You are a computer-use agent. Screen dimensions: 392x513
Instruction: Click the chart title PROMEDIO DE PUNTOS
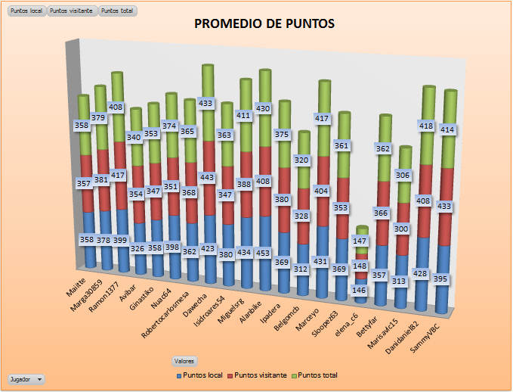264,23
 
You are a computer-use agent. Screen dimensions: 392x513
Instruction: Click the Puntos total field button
117,11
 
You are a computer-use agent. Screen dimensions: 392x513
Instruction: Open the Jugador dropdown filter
26,378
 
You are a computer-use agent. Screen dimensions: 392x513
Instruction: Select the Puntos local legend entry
201,375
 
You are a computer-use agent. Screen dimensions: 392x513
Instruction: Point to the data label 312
301,269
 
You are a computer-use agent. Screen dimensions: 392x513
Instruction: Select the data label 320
302,160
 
